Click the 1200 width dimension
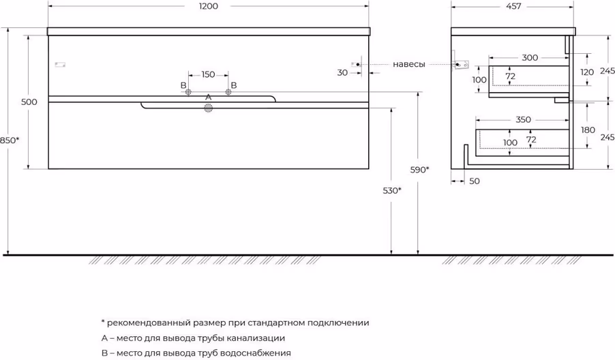[x=208, y=6]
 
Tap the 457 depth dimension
[x=513, y=6]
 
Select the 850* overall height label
[x=10, y=140]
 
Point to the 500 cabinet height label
[x=29, y=102]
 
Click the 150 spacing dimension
[x=208, y=74]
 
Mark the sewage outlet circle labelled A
[x=208, y=108]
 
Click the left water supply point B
[x=188, y=92]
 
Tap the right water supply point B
[x=228, y=92]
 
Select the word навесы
[x=408, y=64]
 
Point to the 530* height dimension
[x=392, y=191]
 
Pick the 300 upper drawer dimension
[x=530, y=58]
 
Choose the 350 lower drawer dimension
[x=523, y=119]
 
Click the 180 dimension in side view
[x=588, y=130]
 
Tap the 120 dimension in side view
[x=587, y=72]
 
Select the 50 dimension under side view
[x=474, y=181]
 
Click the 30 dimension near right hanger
[x=342, y=72]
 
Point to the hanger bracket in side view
[x=461, y=65]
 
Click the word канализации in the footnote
[x=256, y=338]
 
